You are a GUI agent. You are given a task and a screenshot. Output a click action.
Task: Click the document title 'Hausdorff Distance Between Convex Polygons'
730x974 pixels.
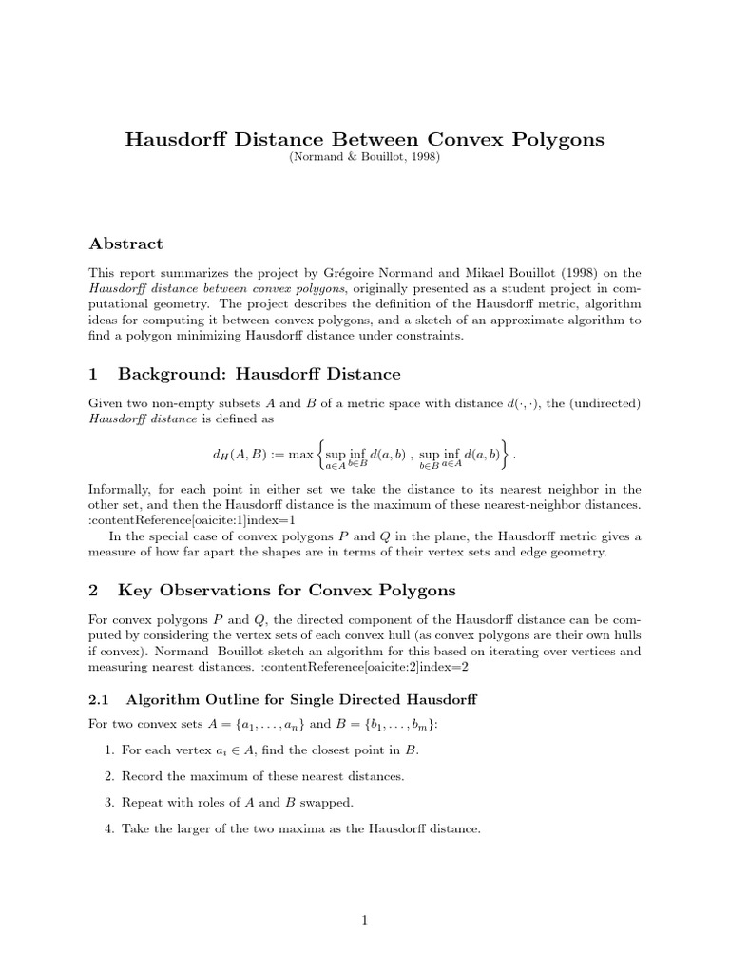pyautogui.click(x=365, y=140)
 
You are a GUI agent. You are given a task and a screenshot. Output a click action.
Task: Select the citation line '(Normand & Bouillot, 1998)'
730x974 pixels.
pyautogui.click(x=365, y=159)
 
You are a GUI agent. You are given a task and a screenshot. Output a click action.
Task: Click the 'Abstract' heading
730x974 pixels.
pyautogui.click(x=126, y=243)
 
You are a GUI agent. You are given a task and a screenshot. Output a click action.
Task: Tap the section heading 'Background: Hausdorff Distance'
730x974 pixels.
pyautogui.click(x=259, y=374)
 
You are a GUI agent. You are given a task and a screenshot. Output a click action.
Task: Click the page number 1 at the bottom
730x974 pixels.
pyautogui.click(x=365, y=919)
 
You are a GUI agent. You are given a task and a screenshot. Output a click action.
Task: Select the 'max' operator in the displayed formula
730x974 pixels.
pyautogui.click(x=301, y=456)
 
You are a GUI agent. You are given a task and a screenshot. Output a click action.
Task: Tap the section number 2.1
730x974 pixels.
pyautogui.click(x=100, y=700)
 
